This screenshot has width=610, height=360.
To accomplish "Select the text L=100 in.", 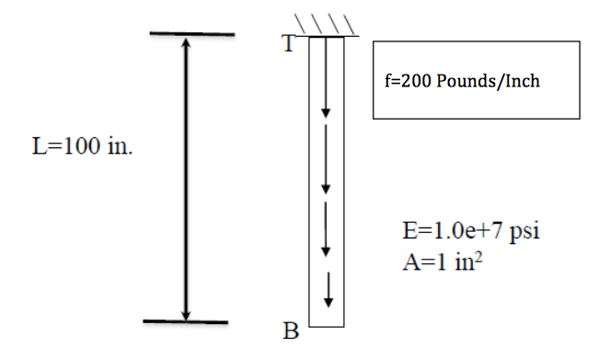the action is (x=82, y=148).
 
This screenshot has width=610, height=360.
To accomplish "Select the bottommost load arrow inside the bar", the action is (x=328, y=290).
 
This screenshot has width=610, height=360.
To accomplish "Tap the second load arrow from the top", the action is (x=325, y=157).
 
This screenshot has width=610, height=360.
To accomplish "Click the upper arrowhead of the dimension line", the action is (x=186, y=43).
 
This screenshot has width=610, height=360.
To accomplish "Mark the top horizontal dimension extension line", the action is (x=192, y=35).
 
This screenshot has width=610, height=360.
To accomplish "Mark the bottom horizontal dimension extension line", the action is (x=186, y=321).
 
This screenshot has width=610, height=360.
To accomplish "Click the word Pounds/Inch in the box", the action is (x=488, y=81).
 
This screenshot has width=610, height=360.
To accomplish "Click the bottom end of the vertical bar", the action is (x=327, y=325).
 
